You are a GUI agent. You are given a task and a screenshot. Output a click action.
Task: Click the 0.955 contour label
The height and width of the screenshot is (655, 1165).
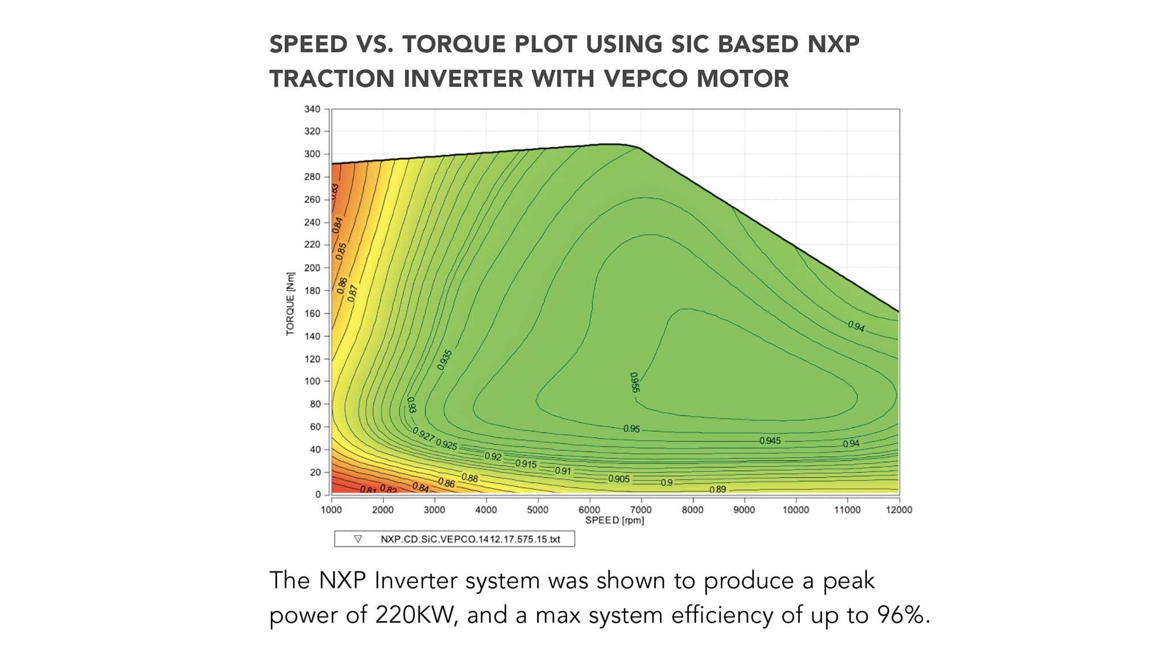pyautogui.click(x=635, y=382)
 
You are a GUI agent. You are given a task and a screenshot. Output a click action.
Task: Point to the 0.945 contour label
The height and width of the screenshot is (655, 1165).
pyautogui.click(x=770, y=441)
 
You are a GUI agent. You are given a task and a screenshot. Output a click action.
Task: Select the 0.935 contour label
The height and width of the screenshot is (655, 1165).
pyautogui.click(x=445, y=360)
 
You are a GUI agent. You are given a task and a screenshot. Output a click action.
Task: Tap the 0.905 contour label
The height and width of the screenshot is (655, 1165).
pyautogui.click(x=619, y=479)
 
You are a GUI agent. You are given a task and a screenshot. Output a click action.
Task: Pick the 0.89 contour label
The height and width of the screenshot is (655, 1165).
pyautogui.click(x=717, y=489)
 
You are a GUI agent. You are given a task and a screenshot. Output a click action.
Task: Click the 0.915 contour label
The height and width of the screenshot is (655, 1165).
pyautogui.click(x=526, y=464)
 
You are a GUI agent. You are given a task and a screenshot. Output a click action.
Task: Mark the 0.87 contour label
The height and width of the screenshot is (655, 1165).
pyautogui.click(x=353, y=293)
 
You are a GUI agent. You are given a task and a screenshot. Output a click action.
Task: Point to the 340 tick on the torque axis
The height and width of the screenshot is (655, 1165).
pyautogui.click(x=312, y=109)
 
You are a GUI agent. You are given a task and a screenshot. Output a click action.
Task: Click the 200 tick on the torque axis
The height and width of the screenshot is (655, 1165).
pyautogui.click(x=312, y=267)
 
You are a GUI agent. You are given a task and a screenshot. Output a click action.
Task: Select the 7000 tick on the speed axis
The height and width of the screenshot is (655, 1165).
pyautogui.click(x=641, y=510)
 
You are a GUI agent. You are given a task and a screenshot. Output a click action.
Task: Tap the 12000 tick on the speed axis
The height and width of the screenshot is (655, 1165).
pyautogui.click(x=898, y=510)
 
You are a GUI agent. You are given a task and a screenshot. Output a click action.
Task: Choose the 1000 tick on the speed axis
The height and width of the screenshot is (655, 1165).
pyautogui.click(x=331, y=510)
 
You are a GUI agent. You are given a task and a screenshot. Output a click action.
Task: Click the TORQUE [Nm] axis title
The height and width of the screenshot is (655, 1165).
pyautogui.click(x=291, y=304)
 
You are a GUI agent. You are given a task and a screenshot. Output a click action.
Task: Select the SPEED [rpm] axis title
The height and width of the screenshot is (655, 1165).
pyautogui.click(x=614, y=520)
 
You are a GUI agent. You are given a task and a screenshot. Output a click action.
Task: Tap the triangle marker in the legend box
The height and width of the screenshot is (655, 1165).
pyautogui.click(x=358, y=538)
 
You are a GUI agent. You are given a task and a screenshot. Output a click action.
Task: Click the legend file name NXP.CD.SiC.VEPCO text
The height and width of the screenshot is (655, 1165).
pyautogui.click(x=470, y=539)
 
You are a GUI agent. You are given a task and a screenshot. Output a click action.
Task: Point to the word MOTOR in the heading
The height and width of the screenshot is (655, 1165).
pyautogui.click(x=742, y=78)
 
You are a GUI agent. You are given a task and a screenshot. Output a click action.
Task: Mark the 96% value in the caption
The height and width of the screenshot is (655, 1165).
pyautogui.click(x=903, y=615)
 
